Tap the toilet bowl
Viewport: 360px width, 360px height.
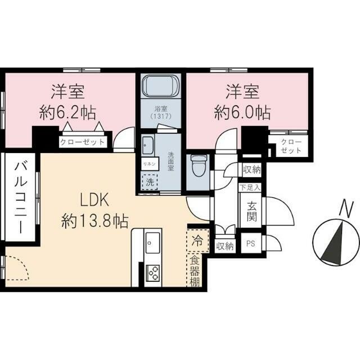pos(197,166)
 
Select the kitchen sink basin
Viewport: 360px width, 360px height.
pos(151,244)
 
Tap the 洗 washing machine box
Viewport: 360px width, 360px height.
pos(150,182)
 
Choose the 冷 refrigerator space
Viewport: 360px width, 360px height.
pos(197,241)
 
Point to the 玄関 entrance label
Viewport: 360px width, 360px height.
pos(250,211)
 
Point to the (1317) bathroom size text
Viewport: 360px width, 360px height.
pos(160,116)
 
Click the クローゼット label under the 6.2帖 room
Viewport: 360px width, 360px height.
pos(83,142)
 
